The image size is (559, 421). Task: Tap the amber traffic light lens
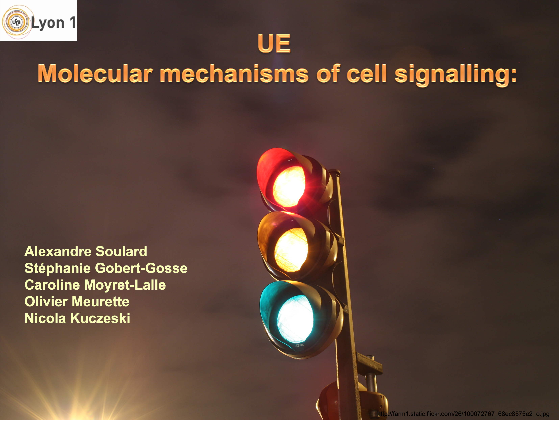coord(291,249)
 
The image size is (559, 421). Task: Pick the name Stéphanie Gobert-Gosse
coord(106,268)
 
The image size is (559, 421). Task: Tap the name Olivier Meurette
coord(77,302)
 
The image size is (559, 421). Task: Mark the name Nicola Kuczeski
coord(77,318)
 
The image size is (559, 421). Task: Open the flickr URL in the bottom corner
coord(463,414)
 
